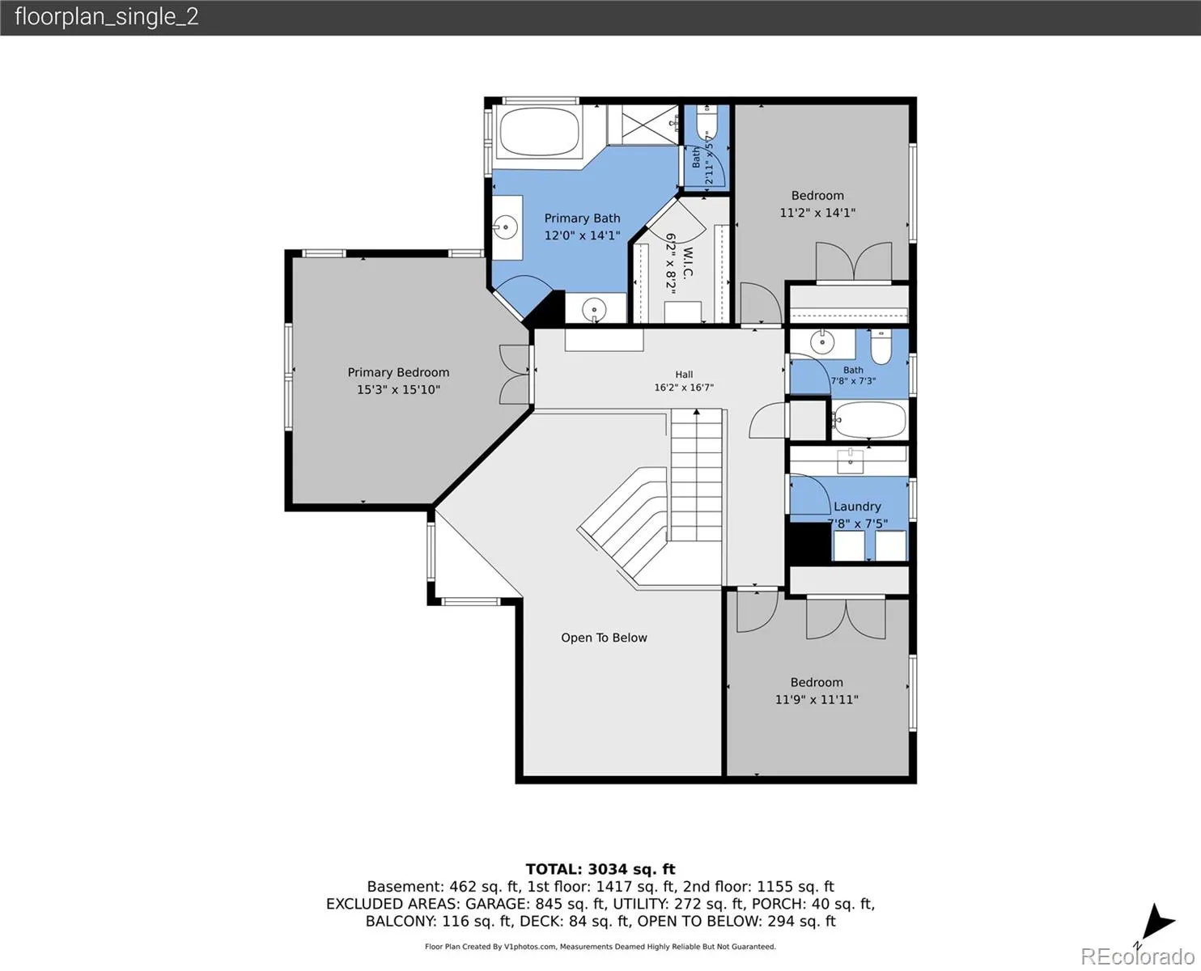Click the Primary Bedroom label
pos(398,372)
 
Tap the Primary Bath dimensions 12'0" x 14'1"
pos(582,235)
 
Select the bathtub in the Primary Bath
pos(538,132)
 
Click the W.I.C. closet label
pos(687,263)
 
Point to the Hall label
pos(684,374)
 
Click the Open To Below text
pos(604,638)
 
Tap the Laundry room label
pos(857,506)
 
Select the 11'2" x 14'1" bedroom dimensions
pos(817,213)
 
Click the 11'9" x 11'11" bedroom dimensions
pos(817,699)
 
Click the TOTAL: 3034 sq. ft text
pos(600,869)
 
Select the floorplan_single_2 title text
pos(107,17)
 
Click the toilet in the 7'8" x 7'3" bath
pos(881,347)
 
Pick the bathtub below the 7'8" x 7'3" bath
pos(869,420)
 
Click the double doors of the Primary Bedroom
pos(516,375)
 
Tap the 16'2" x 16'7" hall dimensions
pos(684,388)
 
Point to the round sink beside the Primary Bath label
pos(505,227)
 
